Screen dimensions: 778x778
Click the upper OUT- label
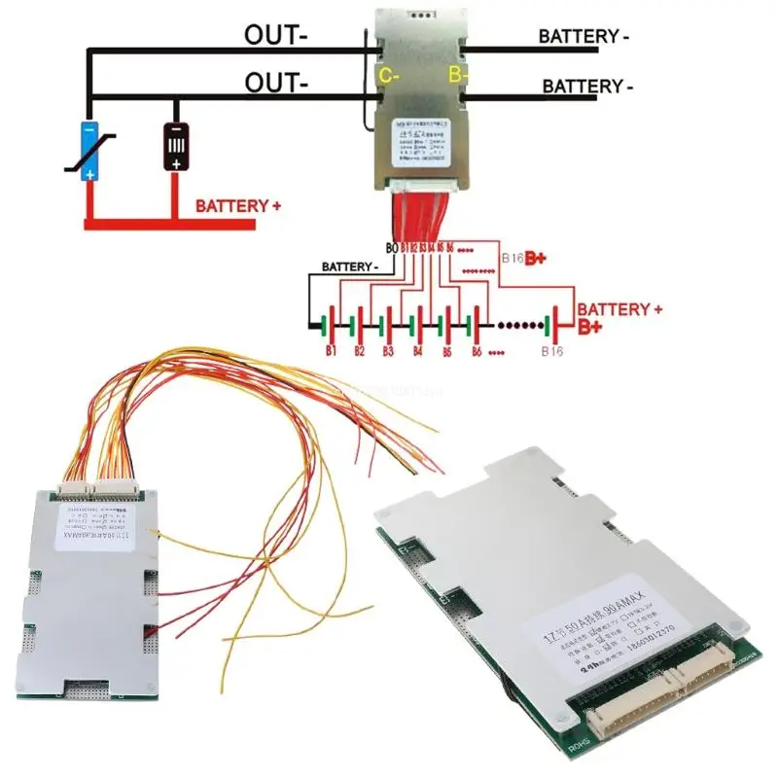coord(274,37)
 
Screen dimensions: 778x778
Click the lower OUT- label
coord(274,84)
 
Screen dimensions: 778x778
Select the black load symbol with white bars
coord(176,147)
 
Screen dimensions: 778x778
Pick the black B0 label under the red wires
coord(392,249)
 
